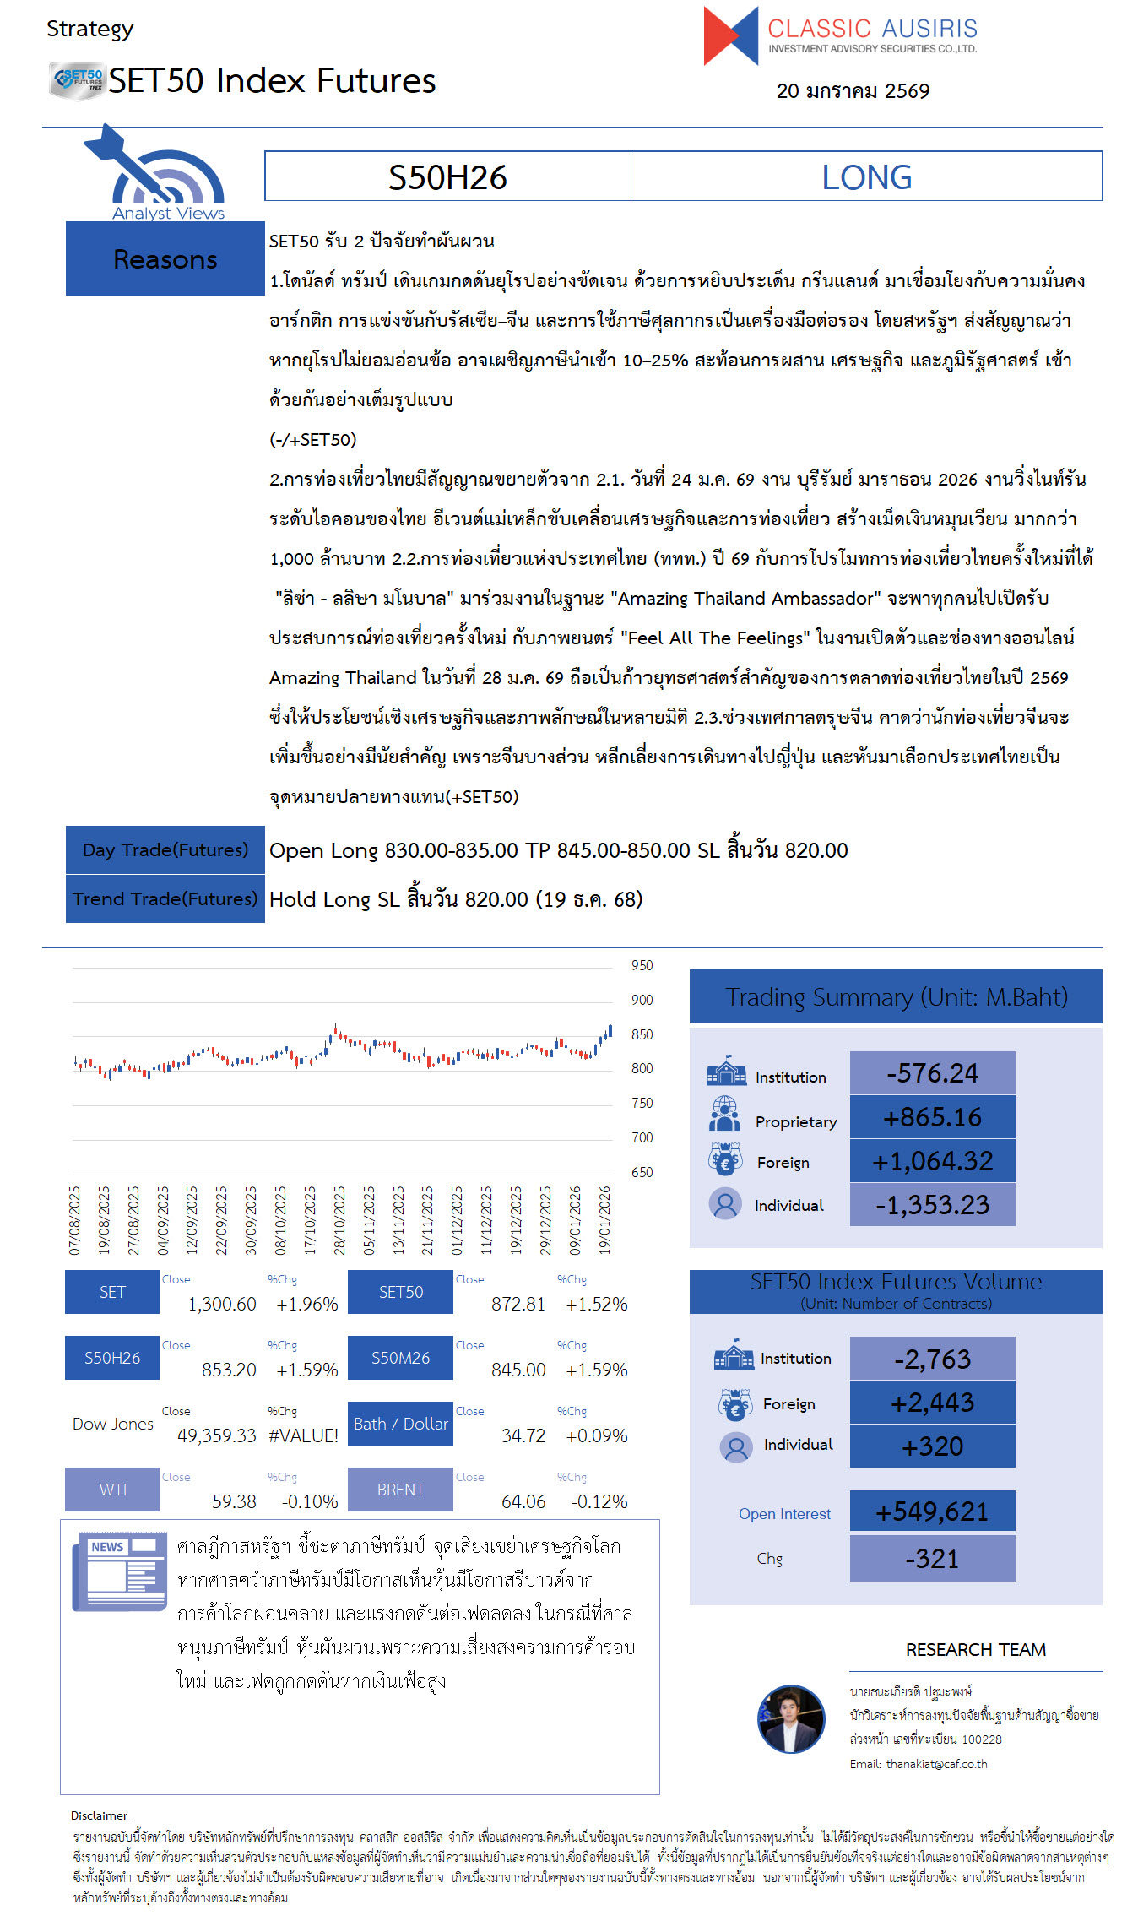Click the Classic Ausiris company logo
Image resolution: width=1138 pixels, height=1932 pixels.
840,35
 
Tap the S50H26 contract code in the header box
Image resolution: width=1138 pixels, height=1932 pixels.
447,177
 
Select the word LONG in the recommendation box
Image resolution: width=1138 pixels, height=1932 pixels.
866,177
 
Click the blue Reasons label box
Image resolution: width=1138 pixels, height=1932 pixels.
165,259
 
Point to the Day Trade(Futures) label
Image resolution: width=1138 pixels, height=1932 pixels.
165,850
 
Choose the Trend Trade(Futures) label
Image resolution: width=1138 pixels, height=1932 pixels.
165,899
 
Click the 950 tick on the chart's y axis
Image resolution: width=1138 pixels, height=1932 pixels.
642,966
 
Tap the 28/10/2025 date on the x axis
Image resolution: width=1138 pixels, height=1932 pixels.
339,1220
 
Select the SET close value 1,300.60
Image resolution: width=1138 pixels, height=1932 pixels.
222,1305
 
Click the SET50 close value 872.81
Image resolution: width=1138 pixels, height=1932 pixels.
518,1305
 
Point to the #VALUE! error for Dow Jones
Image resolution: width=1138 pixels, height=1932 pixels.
303,1436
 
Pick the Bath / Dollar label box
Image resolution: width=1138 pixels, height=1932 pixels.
400,1425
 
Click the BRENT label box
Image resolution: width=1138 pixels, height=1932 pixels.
400,1490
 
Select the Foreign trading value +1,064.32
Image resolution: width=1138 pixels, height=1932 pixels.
932,1162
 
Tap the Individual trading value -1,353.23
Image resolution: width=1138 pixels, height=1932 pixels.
932,1206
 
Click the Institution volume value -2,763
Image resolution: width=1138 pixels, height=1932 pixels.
932,1359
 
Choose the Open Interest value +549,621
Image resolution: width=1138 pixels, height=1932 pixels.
932,1511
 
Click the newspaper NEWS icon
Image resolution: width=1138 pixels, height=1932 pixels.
119,1571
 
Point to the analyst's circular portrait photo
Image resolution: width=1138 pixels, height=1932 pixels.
791,1719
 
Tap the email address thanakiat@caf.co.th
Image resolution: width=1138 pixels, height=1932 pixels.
936,1764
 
